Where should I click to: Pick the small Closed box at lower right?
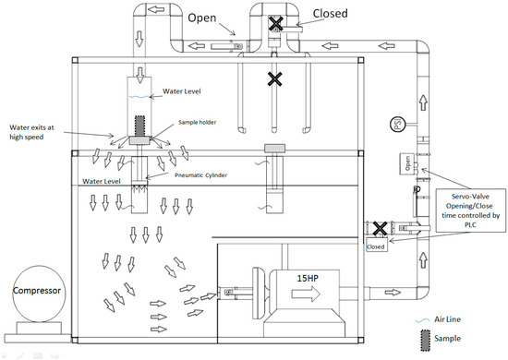375,246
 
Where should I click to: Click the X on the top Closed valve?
274,22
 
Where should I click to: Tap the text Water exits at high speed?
37,131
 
